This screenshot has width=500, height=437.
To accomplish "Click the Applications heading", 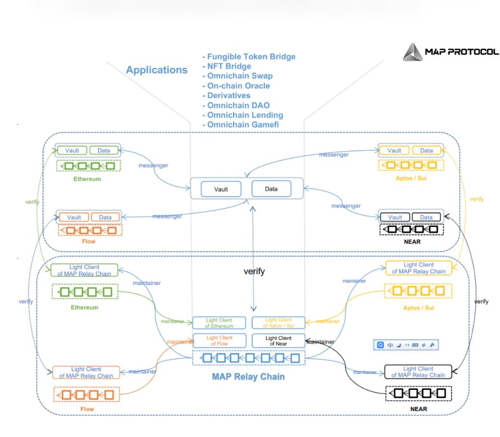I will point(156,70).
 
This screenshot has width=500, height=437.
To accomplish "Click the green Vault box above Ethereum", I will point(73,151).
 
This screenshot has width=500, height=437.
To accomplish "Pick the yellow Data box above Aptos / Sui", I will point(426,151).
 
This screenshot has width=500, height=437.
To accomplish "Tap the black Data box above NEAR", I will point(426,218).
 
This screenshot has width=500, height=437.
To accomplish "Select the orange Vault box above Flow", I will point(74,218).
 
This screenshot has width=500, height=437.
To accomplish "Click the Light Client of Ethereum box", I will point(219,323).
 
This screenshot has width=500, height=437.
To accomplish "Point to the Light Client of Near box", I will point(279,340).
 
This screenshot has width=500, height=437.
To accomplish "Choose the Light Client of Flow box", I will point(219,340).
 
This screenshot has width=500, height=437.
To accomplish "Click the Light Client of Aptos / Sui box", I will point(279,323).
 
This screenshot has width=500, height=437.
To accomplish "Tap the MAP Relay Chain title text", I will point(248,376).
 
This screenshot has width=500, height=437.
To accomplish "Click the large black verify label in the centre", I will point(254,272).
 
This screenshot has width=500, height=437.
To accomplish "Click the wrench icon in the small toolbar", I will point(432,346).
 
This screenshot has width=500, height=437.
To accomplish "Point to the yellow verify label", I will point(476,199).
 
